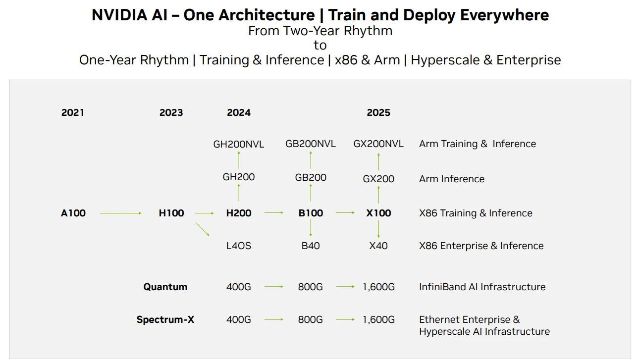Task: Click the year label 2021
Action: pos(73,112)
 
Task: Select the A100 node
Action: pos(73,213)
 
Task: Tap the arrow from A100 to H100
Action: pos(120,213)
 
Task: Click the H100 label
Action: pos(171,213)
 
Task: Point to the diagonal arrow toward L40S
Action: pos(202,229)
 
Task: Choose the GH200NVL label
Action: pos(239,144)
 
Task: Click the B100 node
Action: pos(311,213)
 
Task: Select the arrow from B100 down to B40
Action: pos(311,228)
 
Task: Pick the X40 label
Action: pos(378,246)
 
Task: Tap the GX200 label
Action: pos(378,179)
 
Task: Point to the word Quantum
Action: pos(165,287)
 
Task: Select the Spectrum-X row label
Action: pos(165,319)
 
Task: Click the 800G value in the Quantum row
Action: pos(311,287)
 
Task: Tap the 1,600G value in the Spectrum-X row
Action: pos(378,319)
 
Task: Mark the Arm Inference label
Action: pos(452,179)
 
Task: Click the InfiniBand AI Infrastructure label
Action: pos(482,287)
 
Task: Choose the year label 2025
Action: pos(378,112)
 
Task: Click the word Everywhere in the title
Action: pos(504,15)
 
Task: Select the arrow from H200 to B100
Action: pos(274,212)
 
